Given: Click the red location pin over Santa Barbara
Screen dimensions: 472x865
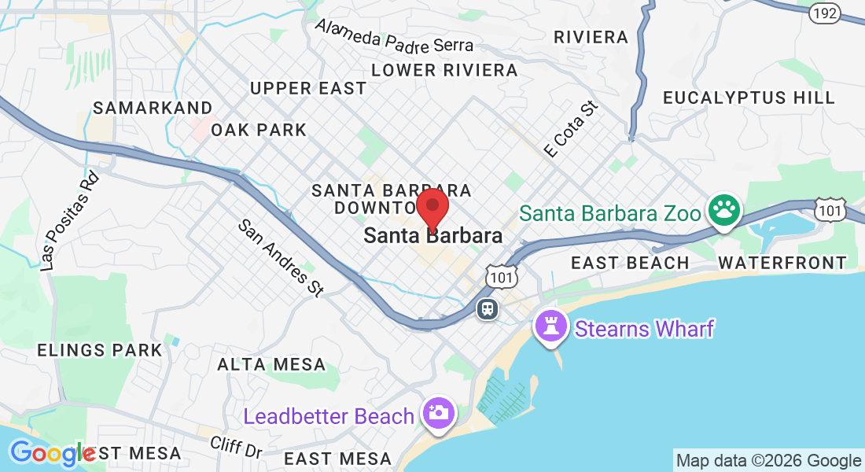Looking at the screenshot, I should (432, 208).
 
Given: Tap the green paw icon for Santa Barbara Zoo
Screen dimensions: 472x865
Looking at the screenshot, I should (724, 210).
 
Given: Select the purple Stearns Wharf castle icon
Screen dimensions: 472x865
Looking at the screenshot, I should (550, 326).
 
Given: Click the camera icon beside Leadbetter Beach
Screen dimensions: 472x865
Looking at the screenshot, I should (438, 412).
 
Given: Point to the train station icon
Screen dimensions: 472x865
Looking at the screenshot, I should (488, 308).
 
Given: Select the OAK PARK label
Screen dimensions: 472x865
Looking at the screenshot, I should (259, 130).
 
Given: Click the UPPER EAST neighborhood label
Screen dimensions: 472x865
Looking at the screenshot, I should (307, 88).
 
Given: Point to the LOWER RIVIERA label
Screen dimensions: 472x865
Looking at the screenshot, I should (444, 70).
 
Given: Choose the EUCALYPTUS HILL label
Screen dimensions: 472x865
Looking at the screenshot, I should (749, 98).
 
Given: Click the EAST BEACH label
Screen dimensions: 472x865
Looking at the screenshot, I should (630, 263).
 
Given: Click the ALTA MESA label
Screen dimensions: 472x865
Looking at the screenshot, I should (271, 364).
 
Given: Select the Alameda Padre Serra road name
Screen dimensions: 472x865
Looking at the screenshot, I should (394, 35).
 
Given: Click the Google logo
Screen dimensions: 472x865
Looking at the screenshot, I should (52, 454).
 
